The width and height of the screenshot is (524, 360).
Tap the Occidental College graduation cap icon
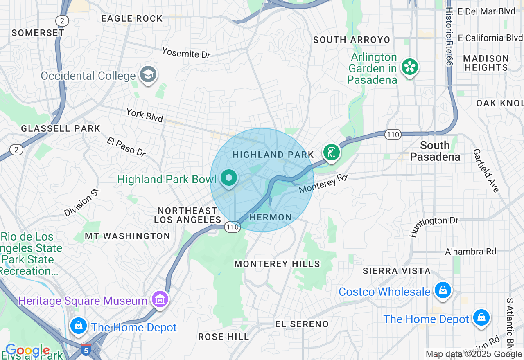click(x=148, y=74)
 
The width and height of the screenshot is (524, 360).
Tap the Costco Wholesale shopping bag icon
click(x=443, y=291)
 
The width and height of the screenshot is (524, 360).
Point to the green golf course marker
click(x=331, y=153)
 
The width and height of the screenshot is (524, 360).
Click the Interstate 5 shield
click(x=86, y=350)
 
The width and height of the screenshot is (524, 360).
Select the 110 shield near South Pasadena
click(x=393, y=135)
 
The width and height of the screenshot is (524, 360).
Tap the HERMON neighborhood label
click(x=271, y=217)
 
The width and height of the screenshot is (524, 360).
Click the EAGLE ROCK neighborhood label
click(x=132, y=18)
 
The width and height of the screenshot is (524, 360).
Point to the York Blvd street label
click(x=145, y=115)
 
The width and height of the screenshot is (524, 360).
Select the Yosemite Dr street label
click(x=186, y=52)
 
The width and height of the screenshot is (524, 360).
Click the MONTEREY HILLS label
click(x=277, y=264)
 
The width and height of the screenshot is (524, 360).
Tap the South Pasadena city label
click(x=435, y=151)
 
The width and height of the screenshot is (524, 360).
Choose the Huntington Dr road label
click(x=434, y=226)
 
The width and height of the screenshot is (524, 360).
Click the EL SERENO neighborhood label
click(x=302, y=324)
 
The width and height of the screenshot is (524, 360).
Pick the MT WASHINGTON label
click(x=127, y=236)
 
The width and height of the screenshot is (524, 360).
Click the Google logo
click(x=27, y=351)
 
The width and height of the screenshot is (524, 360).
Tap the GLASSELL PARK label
click(x=61, y=128)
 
